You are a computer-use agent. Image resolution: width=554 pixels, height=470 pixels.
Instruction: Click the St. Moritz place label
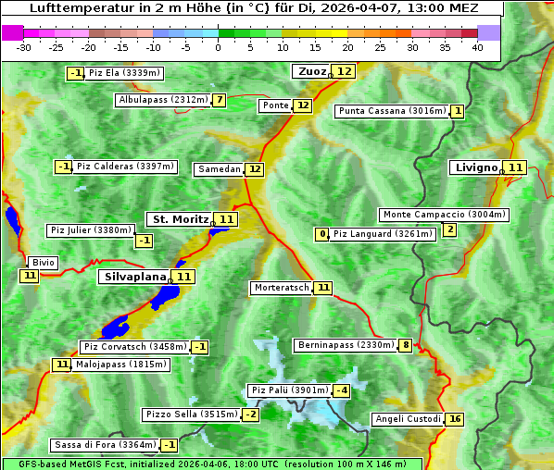[x=180, y=219]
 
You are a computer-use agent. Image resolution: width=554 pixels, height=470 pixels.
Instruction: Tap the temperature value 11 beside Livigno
[x=515, y=167]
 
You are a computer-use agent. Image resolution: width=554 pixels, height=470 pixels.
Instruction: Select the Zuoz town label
[x=311, y=71]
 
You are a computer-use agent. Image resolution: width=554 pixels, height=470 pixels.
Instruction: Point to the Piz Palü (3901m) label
[x=289, y=390]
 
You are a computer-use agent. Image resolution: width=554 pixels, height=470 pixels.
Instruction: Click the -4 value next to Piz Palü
[x=342, y=390]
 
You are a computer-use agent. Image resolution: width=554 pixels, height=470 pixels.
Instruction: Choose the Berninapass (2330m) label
[x=346, y=345]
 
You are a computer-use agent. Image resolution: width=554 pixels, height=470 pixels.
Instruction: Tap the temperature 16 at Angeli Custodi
[x=454, y=419]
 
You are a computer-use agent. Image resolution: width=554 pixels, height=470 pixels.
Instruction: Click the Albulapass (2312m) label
[x=163, y=100]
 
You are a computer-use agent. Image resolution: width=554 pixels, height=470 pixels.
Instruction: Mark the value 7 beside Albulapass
[x=220, y=100]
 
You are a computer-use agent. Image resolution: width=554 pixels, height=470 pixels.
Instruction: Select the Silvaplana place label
[x=135, y=276]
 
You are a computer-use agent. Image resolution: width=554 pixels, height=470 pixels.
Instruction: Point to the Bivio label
[x=44, y=263]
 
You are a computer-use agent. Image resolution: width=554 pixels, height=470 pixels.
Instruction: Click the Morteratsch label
[x=282, y=288]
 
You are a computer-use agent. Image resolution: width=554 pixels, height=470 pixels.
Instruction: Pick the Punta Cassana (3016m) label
[x=392, y=111]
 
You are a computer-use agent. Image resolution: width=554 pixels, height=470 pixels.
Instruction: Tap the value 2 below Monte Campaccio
[x=449, y=229]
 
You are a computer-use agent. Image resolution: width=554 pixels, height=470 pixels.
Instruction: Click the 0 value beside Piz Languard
[x=322, y=234]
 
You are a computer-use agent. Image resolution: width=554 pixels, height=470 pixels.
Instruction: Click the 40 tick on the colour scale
[x=477, y=46]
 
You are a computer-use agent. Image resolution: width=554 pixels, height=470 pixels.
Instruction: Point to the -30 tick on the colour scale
[x=24, y=46]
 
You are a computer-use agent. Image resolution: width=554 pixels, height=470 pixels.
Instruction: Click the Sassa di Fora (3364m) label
[x=103, y=445]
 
